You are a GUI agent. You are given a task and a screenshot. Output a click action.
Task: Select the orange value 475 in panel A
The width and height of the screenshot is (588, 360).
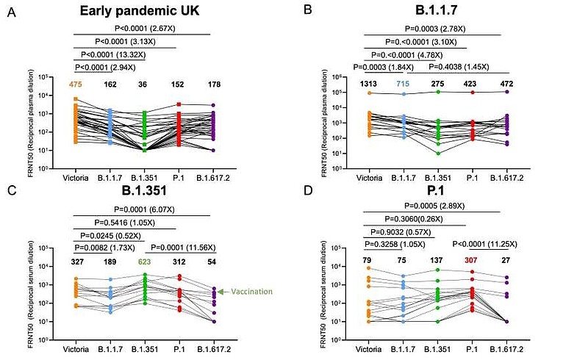pyautogui.click(x=75, y=84)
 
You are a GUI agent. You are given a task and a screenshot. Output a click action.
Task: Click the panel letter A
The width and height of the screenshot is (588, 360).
pyautogui.click(x=10, y=12)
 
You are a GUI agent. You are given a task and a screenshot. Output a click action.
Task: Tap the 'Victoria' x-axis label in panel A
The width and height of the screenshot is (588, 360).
pyautogui.click(x=75, y=178)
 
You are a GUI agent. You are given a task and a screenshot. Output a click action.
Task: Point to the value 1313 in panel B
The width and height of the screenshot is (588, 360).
pyautogui.click(x=367, y=85)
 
